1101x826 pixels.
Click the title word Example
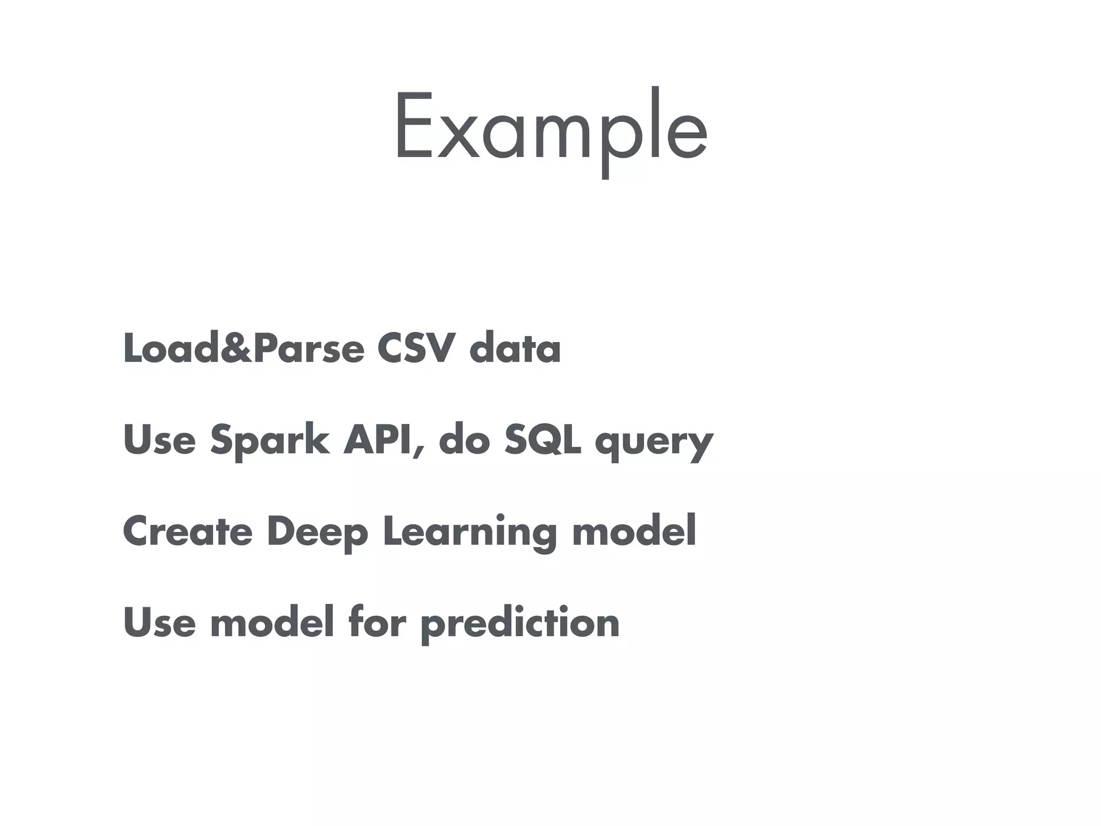[550, 129]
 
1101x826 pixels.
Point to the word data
[515, 349]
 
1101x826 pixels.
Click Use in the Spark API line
[160, 440]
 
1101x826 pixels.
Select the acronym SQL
[542, 440]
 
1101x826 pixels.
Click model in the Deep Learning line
[634, 531]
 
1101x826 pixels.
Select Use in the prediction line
[160, 622]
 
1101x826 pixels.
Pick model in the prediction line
[272, 622]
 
